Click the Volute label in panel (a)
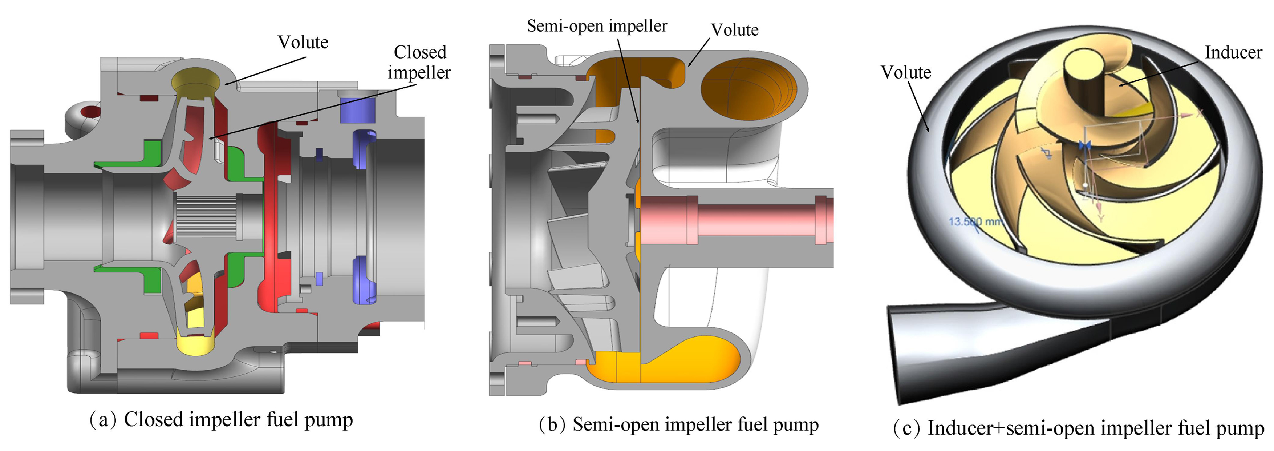[303, 43]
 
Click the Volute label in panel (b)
[734, 30]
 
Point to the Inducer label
[1233, 52]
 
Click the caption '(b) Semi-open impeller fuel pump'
[678, 424]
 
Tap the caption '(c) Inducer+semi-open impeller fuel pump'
[1079, 428]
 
